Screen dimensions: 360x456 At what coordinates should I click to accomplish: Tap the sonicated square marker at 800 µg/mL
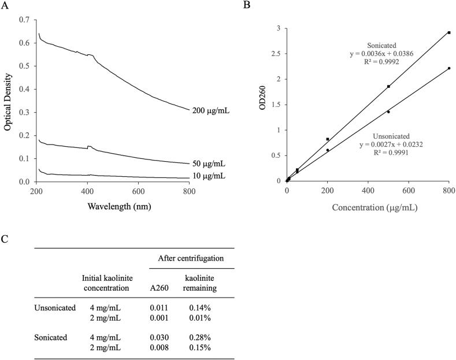449,32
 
